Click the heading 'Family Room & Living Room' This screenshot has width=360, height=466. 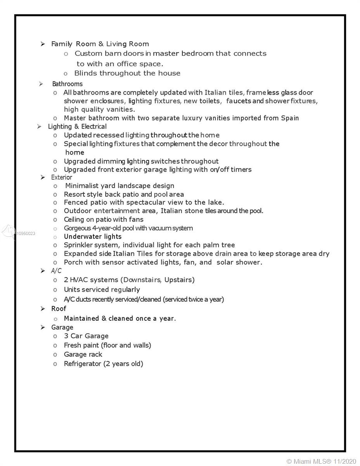click(x=100, y=44)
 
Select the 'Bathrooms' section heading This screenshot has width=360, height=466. click(x=67, y=84)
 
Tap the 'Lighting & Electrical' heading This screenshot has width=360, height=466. click(x=77, y=127)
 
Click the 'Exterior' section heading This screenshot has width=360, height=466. click(x=62, y=177)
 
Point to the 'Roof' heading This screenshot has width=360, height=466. click(x=59, y=309)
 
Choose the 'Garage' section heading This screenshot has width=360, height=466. click(x=62, y=327)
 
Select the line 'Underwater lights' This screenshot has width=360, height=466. click(x=93, y=236)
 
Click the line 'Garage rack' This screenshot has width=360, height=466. click(x=83, y=355)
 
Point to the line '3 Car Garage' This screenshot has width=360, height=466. click(x=86, y=336)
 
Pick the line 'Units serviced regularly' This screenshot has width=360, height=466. click(x=102, y=290)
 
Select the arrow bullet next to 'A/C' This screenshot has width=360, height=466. click(x=43, y=271)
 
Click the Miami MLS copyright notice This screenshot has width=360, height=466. click(x=321, y=461)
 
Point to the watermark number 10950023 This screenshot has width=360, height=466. click(x=26, y=233)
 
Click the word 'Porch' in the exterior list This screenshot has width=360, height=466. click(x=73, y=262)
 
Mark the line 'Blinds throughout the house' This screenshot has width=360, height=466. click(x=127, y=73)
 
